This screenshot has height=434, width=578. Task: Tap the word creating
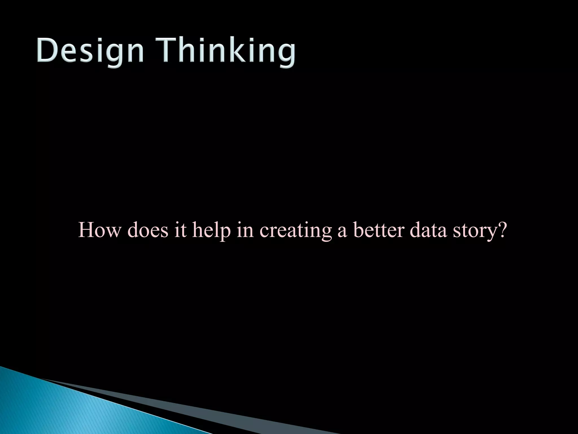click(295, 230)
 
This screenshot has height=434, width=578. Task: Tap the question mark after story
click(503, 230)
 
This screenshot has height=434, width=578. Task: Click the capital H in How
click(87, 230)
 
